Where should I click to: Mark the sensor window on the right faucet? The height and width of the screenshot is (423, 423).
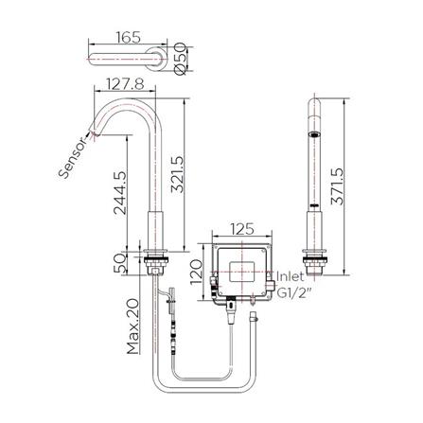click(314, 139)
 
